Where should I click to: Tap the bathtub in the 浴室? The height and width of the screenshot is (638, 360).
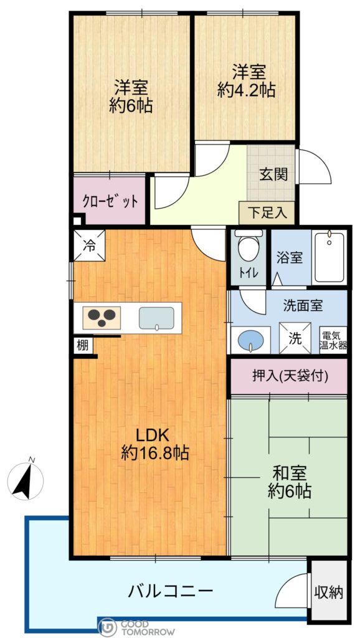pyautogui.click(x=329, y=257)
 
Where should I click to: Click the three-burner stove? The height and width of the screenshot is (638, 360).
pyautogui.click(x=102, y=317)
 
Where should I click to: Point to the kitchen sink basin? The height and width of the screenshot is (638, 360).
pyautogui.click(x=156, y=318)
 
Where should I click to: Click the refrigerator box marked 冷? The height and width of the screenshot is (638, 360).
pyautogui.click(x=89, y=245)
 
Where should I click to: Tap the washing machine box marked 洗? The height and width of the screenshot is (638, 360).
pyautogui.click(x=295, y=338)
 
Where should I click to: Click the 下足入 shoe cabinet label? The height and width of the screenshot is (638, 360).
pyautogui.click(x=267, y=213)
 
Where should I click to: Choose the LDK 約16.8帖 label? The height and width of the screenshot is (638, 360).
pyautogui.click(x=154, y=444)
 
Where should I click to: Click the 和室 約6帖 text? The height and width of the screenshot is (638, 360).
pyautogui.click(x=290, y=483)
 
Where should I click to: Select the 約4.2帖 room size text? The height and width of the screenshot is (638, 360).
pyautogui.click(x=247, y=90)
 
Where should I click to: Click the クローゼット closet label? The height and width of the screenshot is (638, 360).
pyautogui.click(x=110, y=201)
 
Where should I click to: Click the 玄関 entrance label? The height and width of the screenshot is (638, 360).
pyautogui.click(x=274, y=174)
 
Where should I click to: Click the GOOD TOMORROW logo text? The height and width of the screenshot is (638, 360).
pyautogui.click(x=148, y=628)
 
